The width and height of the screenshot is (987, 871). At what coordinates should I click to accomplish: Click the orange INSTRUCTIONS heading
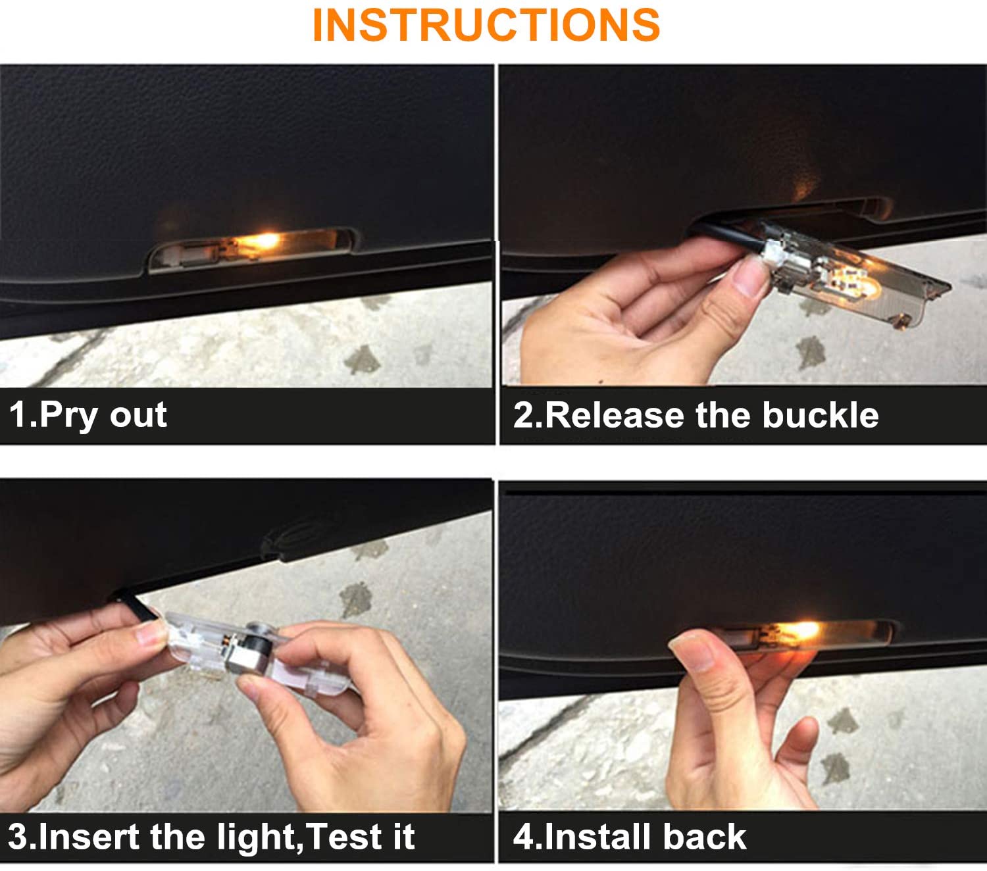click(x=486, y=25)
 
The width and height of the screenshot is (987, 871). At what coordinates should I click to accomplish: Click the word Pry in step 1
click(x=68, y=416)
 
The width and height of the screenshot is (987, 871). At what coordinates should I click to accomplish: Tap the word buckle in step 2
click(x=821, y=415)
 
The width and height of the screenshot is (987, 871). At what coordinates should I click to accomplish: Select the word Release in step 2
click(x=615, y=415)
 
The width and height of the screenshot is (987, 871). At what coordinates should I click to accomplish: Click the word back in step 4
click(x=705, y=836)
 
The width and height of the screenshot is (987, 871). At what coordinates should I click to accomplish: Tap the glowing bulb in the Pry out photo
click(x=257, y=241)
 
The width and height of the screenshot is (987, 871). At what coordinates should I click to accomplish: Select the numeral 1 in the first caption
click(x=18, y=415)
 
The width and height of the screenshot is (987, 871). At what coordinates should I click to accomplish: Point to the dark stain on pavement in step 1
click(x=363, y=360)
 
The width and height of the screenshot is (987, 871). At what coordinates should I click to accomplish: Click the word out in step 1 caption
click(x=138, y=415)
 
